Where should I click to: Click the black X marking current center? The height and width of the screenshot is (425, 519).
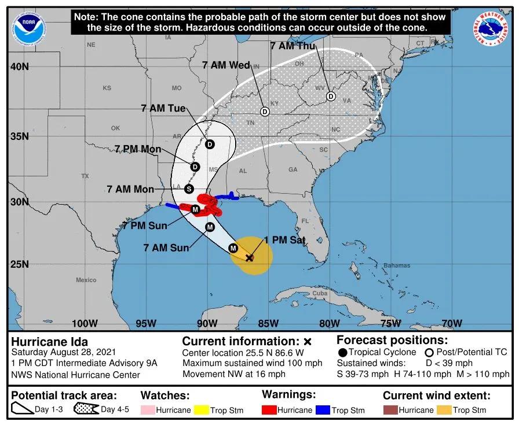[x=249, y=257]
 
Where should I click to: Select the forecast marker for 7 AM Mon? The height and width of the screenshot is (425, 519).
[x=188, y=189]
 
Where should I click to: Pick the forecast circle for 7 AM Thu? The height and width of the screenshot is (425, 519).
[x=331, y=97]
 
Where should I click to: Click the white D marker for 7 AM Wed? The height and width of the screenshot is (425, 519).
[x=265, y=112]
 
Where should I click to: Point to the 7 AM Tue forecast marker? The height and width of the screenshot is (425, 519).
[x=209, y=144]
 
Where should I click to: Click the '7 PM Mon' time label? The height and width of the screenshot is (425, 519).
[x=138, y=149]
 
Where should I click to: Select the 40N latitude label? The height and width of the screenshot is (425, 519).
[x=20, y=66]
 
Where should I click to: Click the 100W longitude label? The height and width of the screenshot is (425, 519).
[x=85, y=323]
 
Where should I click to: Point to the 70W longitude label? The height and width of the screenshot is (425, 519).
[x=452, y=323]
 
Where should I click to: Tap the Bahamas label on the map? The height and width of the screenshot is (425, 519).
[x=396, y=265]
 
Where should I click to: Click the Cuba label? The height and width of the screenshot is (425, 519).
[x=320, y=293]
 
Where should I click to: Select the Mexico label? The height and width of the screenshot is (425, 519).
[x=86, y=280]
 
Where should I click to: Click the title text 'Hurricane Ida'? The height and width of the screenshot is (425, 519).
[x=50, y=341]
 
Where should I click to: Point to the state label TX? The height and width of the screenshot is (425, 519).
[x=85, y=175]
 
